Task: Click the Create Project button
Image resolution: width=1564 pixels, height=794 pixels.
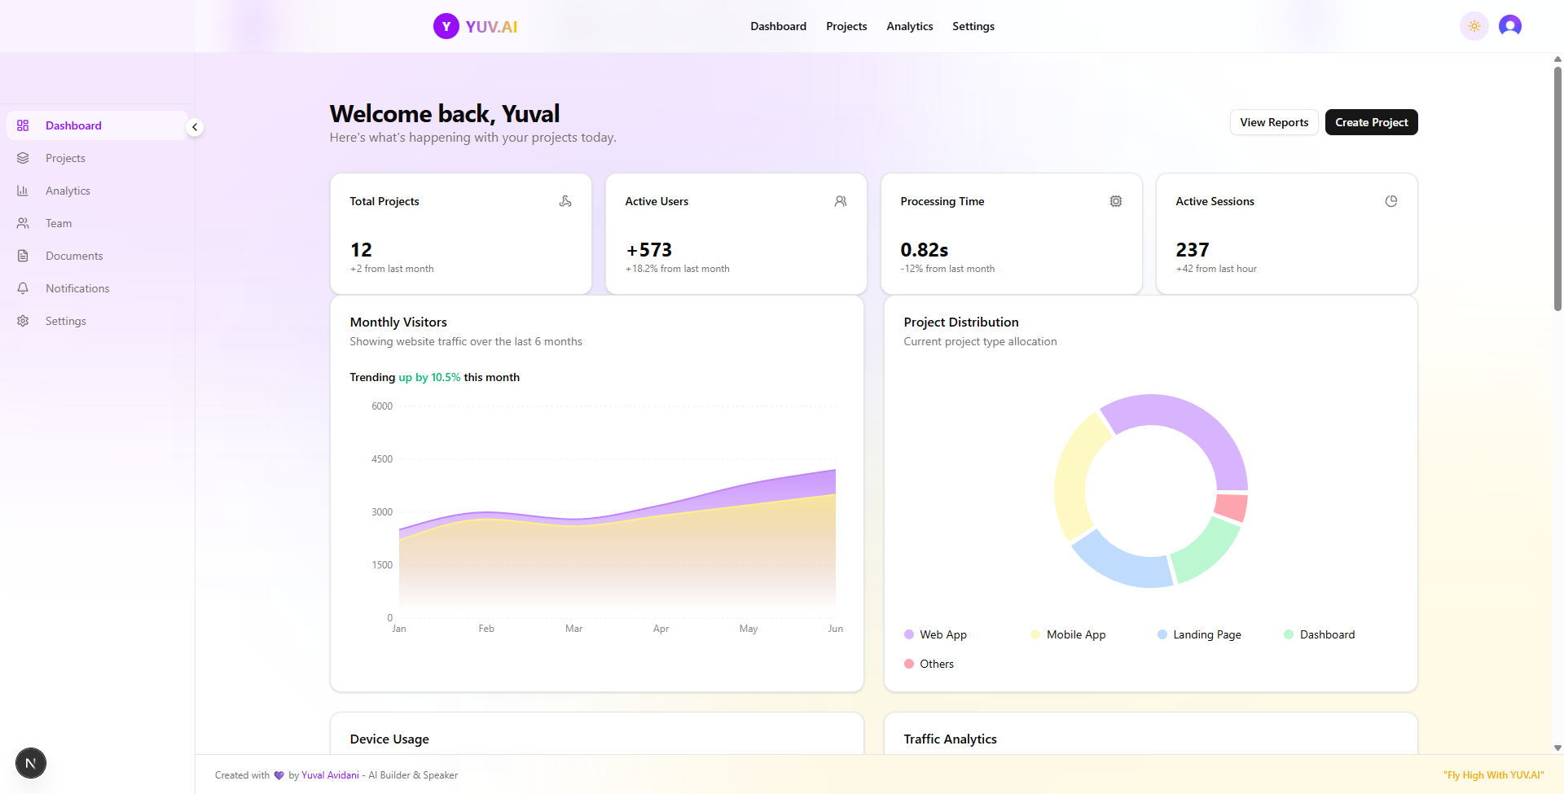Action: click(1371, 122)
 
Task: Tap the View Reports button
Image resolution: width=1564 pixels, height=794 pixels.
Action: click(1274, 122)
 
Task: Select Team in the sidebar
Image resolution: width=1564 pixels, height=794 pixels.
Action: click(59, 223)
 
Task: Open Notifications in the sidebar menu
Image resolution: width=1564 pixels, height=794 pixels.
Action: click(77, 288)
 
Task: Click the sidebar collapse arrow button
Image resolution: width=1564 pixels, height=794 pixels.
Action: click(195, 127)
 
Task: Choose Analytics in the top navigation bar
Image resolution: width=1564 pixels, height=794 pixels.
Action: click(909, 26)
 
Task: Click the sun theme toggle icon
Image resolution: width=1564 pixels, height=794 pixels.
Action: click(1474, 26)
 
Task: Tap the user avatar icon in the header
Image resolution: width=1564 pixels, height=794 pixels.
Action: click(1509, 26)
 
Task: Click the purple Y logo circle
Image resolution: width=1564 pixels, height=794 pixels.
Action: click(446, 26)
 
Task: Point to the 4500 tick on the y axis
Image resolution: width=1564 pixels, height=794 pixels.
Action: click(382, 459)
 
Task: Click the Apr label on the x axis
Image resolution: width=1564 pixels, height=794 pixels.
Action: click(661, 629)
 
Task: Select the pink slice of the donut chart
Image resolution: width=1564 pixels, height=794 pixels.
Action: click(1231, 507)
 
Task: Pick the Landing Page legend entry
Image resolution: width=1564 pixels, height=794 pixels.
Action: click(1206, 634)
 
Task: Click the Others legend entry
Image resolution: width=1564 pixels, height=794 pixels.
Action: click(936, 664)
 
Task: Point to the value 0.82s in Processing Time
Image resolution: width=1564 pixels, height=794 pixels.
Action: click(924, 250)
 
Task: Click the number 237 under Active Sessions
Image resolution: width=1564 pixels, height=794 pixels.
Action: click(1192, 250)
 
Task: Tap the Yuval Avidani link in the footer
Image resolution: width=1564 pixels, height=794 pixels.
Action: click(330, 775)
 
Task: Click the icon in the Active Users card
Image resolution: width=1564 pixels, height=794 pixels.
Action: click(841, 201)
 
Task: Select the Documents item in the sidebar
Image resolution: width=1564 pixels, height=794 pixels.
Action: click(74, 256)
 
